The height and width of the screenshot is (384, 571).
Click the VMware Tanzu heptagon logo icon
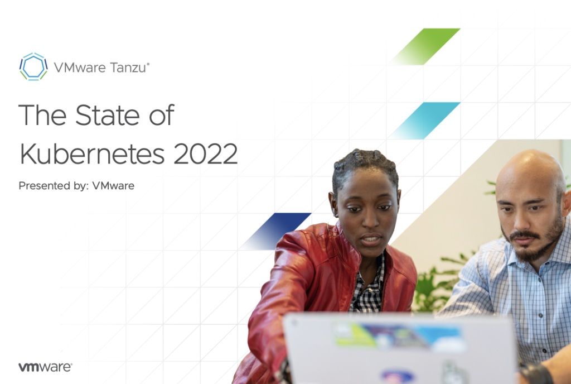(33, 66)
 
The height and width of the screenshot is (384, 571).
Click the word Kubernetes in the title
(93, 153)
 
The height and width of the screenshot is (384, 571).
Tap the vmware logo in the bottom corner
(45, 367)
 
